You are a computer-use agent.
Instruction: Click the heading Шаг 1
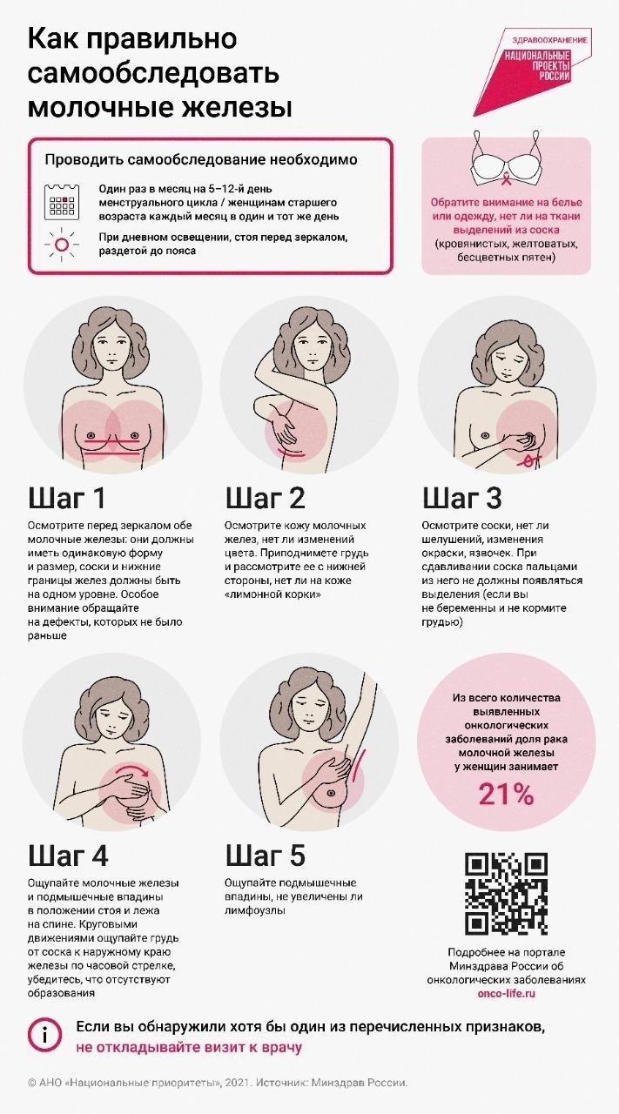coord(67,498)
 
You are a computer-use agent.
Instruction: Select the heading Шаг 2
coord(266,498)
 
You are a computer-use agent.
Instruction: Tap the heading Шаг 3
coord(462,498)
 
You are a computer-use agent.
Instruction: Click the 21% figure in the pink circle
coord(506,794)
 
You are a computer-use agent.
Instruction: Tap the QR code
coord(506,894)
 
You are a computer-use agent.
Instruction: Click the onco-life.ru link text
coord(506,993)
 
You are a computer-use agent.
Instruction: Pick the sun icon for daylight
coord(62,244)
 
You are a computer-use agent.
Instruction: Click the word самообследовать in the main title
coord(152,73)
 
